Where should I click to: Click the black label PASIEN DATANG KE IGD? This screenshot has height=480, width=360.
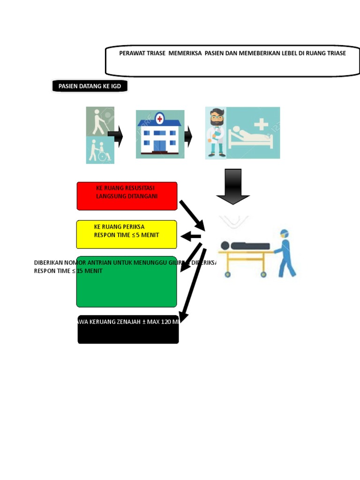click(90, 86)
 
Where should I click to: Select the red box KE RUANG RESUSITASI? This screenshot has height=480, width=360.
click(127, 196)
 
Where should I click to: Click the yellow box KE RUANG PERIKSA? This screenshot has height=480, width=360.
click(127, 234)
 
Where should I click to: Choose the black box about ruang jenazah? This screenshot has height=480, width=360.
click(128, 330)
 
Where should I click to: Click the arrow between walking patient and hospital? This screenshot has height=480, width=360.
click(116, 136)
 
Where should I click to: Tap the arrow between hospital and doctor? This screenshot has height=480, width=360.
click(188, 136)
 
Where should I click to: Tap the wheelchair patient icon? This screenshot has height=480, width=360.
click(100, 150)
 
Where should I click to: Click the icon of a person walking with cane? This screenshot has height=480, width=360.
click(99, 121)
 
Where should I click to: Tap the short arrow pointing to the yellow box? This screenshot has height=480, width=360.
click(191, 236)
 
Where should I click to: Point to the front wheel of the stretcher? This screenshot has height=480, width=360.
click(264, 274)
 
